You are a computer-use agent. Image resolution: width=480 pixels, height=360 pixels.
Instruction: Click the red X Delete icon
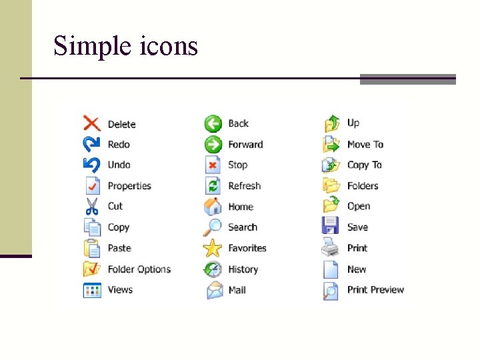tap(91, 123)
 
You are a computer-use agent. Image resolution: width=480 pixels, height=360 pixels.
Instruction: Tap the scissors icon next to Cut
tap(91, 206)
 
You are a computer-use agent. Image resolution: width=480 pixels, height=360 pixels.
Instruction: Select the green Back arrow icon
tap(213, 123)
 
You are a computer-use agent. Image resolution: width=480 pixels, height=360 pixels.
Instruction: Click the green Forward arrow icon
tap(213, 144)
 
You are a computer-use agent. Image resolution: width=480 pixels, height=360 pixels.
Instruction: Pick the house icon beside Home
tap(213, 206)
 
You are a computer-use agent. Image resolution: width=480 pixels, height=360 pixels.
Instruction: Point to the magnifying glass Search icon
tap(213, 227)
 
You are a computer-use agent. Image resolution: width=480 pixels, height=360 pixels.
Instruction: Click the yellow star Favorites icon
tap(213, 248)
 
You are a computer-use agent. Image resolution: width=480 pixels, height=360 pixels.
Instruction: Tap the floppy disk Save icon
tap(331, 227)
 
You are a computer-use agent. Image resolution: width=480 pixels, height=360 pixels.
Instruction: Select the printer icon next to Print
tap(331, 247)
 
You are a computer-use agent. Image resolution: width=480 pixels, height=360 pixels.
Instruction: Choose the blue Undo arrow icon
tap(91, 165)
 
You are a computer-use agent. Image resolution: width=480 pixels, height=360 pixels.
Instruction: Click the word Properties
tap(129, 186)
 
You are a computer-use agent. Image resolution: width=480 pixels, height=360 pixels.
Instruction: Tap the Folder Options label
tap(139, 269)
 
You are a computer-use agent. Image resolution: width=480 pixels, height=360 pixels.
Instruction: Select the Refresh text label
tap(244, 186)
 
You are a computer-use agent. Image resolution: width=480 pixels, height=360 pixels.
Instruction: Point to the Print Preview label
tap(375, 289)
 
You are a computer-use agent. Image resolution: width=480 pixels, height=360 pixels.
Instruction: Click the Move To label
tap(365, 144)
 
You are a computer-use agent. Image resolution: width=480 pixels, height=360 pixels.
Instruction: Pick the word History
tap(243, 269)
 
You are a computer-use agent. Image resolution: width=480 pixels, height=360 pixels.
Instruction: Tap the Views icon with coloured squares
tap(91, 290)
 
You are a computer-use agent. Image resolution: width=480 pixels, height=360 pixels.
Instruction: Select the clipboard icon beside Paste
tap(91, 248)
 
